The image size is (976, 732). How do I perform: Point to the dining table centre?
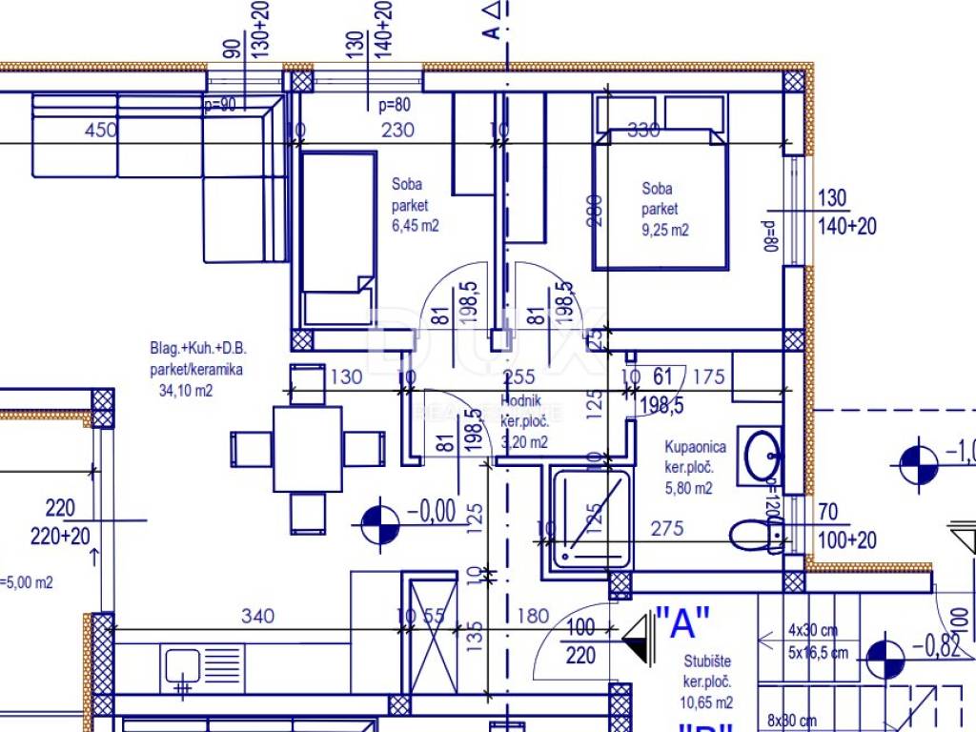[x=307, y=449]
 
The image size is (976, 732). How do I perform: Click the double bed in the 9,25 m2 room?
[x=660, y=198]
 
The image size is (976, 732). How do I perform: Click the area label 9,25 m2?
[x=665, y=230]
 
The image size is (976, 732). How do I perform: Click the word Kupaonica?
[x=696, y=446]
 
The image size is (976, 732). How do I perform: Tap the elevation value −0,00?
[x=431, y=512]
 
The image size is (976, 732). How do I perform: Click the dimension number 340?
[x=256, y=617]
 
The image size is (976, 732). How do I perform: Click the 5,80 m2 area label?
[x=688, y=489]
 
